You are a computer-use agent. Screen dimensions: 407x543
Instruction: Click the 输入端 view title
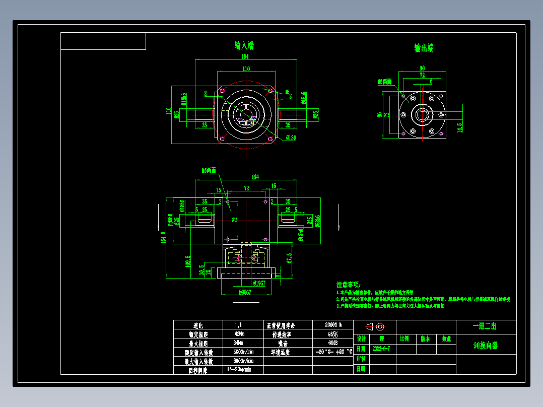[244, 46]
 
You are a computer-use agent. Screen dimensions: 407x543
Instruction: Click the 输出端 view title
[424, 48]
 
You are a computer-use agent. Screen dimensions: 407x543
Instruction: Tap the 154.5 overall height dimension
[163, 237]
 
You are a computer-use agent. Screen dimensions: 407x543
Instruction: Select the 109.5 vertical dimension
[188, 261]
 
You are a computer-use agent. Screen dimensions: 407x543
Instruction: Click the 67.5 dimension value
[289, 258]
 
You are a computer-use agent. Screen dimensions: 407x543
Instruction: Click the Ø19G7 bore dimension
[259, 283]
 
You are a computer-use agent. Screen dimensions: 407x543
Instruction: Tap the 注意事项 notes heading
[349, 285]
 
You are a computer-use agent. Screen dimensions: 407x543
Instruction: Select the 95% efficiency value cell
[332, 334]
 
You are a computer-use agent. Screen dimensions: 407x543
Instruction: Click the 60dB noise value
[332, 343]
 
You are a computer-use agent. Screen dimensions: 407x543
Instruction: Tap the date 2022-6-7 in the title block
[381, 349]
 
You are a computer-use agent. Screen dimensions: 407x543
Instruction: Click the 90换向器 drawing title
[486, 346]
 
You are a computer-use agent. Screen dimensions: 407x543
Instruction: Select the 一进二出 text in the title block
[485, 326]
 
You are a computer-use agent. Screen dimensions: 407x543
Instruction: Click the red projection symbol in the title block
[375, 326]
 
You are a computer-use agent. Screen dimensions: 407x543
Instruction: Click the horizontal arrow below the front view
[246, 303]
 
